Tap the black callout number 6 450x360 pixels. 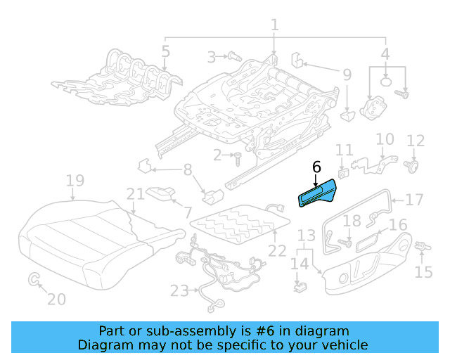[316, 167]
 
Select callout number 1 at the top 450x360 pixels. [274, 25]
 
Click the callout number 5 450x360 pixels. [165, 51]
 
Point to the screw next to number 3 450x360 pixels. [233, 56]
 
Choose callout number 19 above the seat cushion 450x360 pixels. [75, 182]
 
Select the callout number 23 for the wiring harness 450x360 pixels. [179, 290]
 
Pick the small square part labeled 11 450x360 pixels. [344, 171]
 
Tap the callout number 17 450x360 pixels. [415, 200]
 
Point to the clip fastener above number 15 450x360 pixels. [423, 246]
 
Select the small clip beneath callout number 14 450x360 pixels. [300, 286]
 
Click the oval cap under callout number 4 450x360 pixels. [386, 82]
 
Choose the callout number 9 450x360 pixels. [347, 75]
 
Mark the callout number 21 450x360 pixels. [135, 193]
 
